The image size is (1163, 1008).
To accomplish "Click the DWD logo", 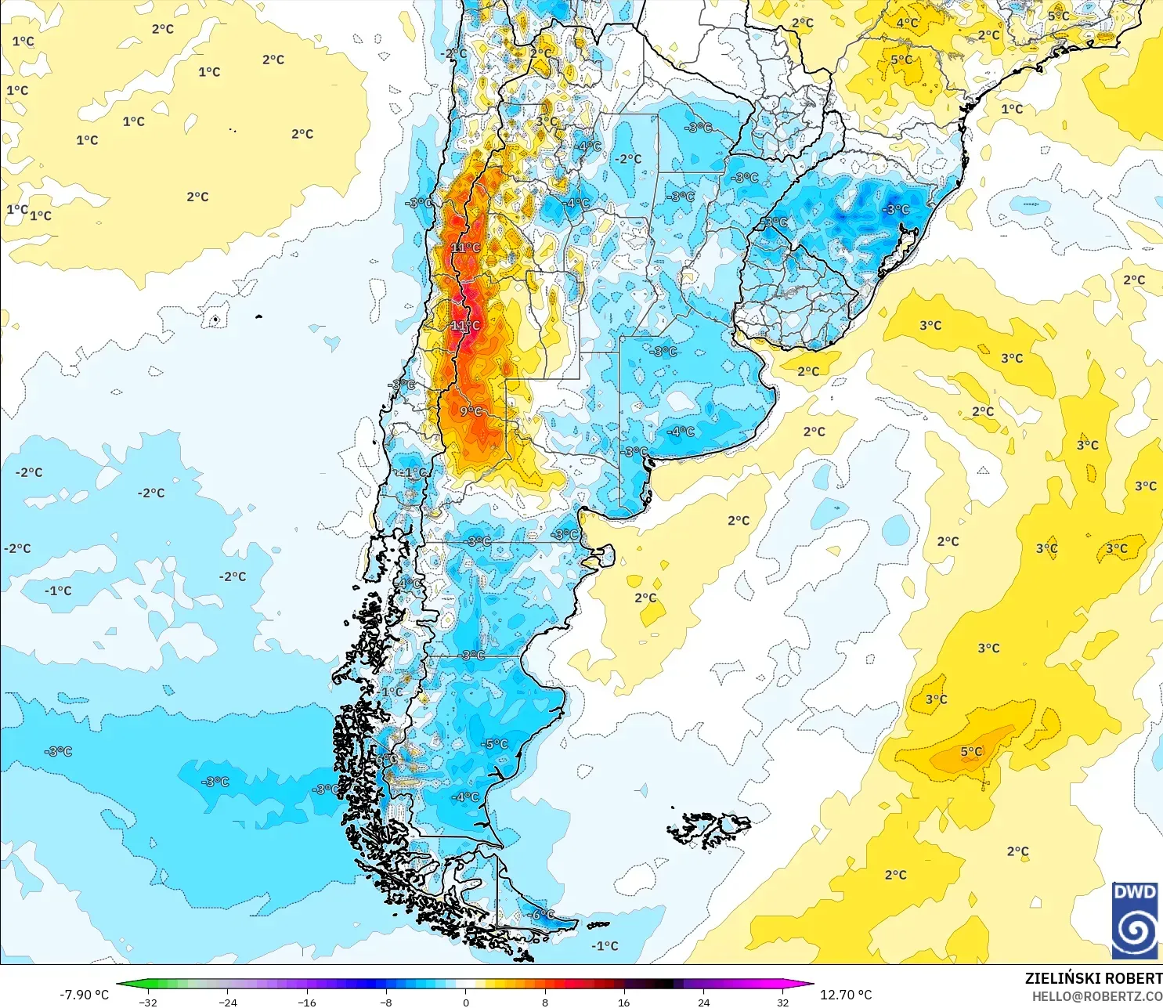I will pyautogui.click(x=1135, y=919).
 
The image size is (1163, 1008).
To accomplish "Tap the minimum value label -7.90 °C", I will pyautogui.click(x=84, y=995).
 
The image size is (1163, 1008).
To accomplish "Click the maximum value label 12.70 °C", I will pyautogui.click(x=845, y=995).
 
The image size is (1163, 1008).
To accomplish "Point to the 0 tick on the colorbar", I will pyautogui.click(x=466, y=1002).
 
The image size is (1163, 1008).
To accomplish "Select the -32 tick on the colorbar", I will pyautogui.click(x=147, y=1002).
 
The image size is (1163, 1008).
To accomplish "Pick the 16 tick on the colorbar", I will pyautogui.click(x=623, y=1002).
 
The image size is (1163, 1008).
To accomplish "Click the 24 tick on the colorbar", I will pyautogui.click(x=703, y=1002).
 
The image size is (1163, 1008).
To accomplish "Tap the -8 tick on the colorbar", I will pyautogui.click(x=386, y=1002).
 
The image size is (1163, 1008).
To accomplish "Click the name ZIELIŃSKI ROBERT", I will pyautogui.click(x=1093, y=978).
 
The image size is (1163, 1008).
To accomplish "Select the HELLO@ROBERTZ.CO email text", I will pyautogui.click(x=1096, y=996).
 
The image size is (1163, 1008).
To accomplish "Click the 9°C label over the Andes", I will pyautogui.click(x=471, y=411).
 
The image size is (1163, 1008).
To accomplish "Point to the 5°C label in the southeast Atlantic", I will pyautogui.click(x=971, y=752).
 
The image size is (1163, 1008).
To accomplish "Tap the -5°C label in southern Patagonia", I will pyautogui.click(x=495, y=744).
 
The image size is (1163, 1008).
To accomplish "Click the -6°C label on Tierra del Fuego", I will pyautogui.click(x=540, y=915).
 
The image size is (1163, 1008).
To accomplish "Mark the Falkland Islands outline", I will pyautogui.click(x=709, y=829).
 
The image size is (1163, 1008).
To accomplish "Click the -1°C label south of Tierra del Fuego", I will pyautogui.click(x=604, y=946).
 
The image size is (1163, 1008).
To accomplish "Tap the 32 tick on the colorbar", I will pyautogui.click(x=782, y=1002).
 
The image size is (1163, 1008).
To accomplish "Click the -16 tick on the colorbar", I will pyautogui.click(x=306, y=1002).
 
